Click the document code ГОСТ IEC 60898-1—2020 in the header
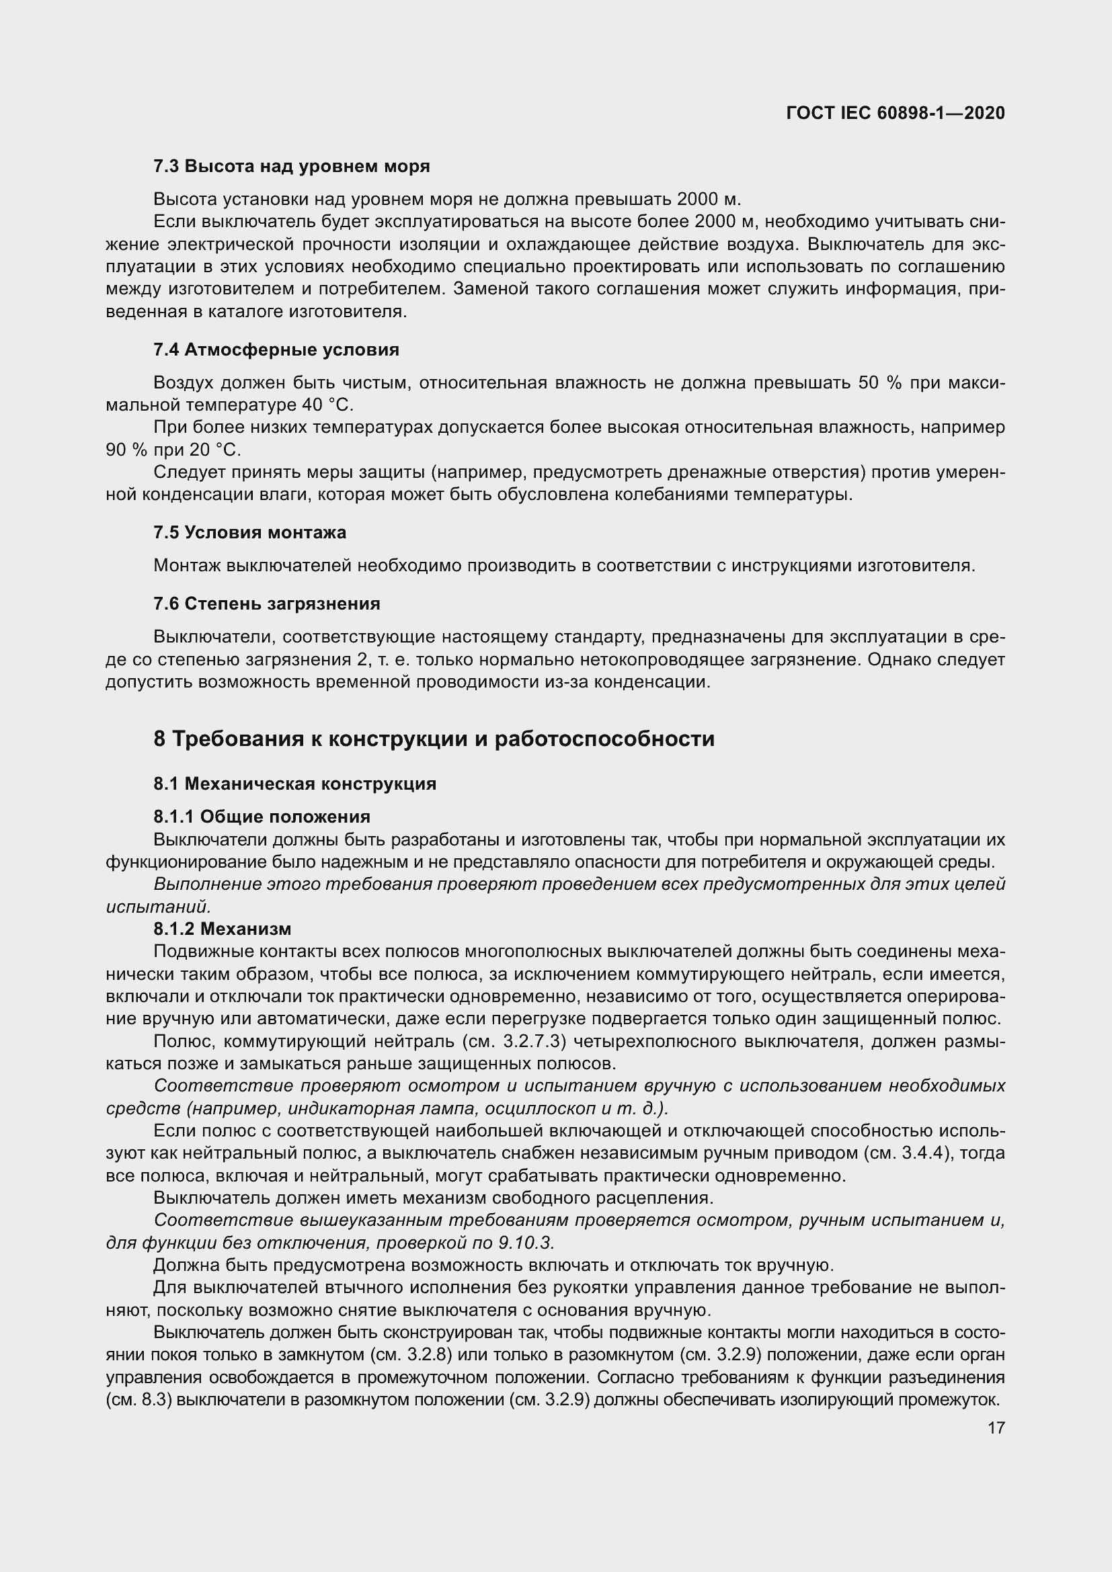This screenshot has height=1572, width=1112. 896,113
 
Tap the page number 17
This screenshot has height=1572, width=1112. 996,1428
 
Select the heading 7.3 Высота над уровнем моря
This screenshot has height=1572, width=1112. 292,167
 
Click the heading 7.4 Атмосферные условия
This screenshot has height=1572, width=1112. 276,350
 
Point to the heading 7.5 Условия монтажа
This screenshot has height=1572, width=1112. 250,532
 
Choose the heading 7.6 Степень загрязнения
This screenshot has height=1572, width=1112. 267,603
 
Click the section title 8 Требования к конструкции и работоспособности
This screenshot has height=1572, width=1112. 434,739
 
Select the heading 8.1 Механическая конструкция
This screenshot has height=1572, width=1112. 294,783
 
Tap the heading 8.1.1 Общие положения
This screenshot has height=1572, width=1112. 262,816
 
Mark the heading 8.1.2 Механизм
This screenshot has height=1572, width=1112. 223,928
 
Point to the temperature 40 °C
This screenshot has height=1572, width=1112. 327,405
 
